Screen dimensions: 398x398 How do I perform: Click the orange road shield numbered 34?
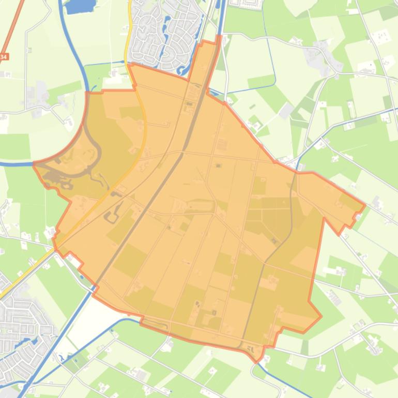4,56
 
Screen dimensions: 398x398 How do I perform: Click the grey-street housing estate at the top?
160,34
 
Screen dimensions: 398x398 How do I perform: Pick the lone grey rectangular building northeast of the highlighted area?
286,110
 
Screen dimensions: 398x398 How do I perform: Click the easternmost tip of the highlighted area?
365,206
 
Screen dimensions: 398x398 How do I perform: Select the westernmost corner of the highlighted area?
34,164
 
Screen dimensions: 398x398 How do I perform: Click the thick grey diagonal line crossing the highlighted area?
155,196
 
